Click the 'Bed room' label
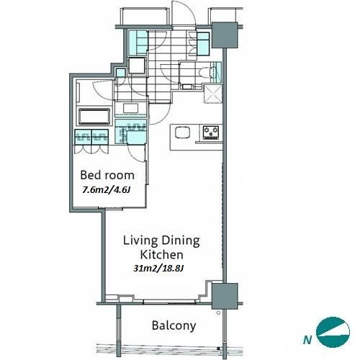click(107, 175)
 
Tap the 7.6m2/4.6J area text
click(107, 190)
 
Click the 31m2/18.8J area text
click(158, 268)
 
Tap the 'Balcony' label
click(174, 326)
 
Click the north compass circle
click(333, 332)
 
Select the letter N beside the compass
click(307, 340)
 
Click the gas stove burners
click(211, 132)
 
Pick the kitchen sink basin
click(183, 132)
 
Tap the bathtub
click(94, 117)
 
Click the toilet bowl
click(204, 72)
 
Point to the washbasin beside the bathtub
click(131, 108)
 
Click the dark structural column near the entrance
click(225, 35)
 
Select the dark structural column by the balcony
click(225, 296)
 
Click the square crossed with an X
click(213, 94)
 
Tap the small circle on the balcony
click(218, 313)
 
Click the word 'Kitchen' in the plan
click(161, 255)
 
